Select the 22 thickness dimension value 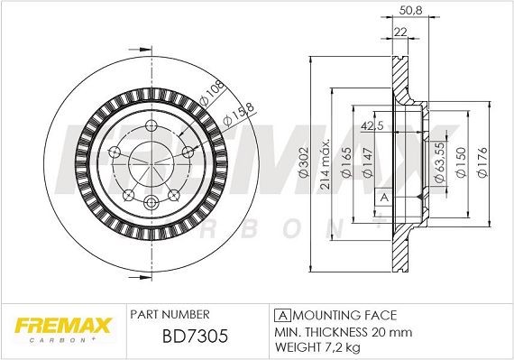(x=399, y=32)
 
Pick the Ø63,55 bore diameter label (x=436, y=162)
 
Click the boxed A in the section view (x=383, y=198)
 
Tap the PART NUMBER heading (x=170, y=314)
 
